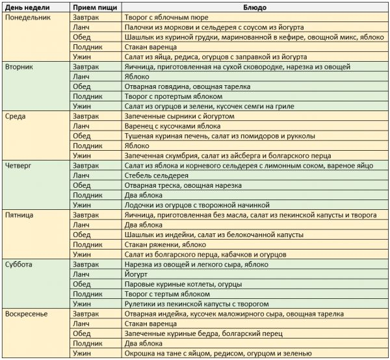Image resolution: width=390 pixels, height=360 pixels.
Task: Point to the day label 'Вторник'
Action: coord(19,67)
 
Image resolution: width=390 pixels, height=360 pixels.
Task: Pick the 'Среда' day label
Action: coord(16,116)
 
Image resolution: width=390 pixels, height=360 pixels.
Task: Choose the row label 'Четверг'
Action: coord(18,166)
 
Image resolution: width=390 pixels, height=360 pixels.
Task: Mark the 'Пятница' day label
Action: coord(19,215)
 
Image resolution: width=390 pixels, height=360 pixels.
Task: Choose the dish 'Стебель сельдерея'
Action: coord(155,175)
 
